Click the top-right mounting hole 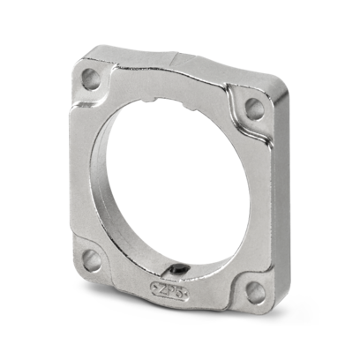[254, 109]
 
